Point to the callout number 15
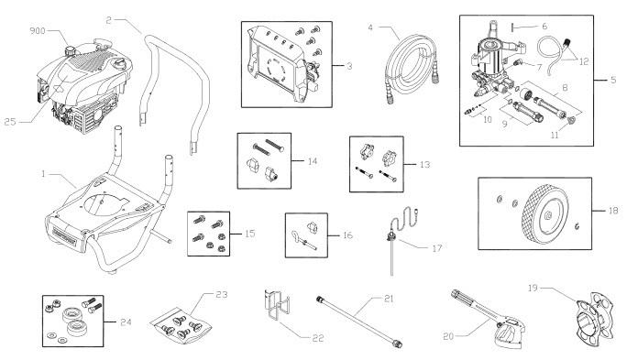[x=249, y=233]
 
